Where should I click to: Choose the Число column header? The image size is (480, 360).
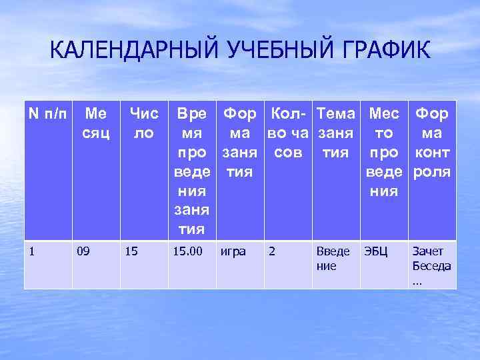(143, 123)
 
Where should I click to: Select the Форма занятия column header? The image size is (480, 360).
(242, 143)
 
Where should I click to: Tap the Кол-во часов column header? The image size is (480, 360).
(289, 133)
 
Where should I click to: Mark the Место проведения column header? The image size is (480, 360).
(385, 152)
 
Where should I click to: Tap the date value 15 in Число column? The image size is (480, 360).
(131, 252)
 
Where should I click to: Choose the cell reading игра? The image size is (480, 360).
(233, 252)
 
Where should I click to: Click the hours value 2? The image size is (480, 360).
(271, 252)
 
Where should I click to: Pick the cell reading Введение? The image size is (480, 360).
(333, 259)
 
